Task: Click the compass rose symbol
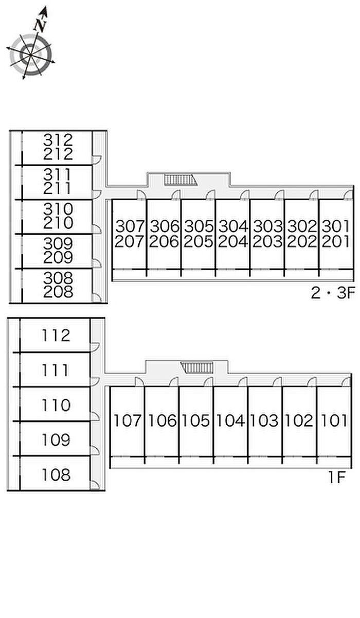pos(30,53)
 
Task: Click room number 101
pos(334,421)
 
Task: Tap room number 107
pos(127,421)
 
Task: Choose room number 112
pos(57,336)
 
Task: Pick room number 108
pos(57,474)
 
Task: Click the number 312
pos(58,139)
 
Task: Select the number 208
pos(58,292)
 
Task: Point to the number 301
pos(335,226)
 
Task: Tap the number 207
pos(129,241)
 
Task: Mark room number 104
pos(230,421)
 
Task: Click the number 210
pos(58,223)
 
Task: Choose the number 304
pos(232,226)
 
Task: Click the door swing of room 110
pos(95,416)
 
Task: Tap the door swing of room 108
pos(95,485)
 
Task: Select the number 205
pos(198,241)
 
